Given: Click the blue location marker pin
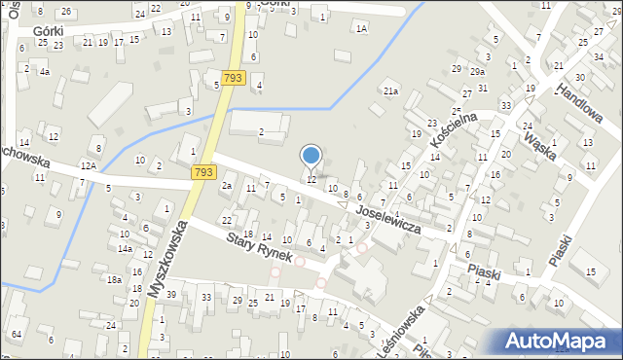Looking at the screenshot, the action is pos(311,156).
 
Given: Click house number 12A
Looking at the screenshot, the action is pos(89,166).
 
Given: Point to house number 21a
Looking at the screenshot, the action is pos(390,91).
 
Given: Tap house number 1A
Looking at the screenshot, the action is pos(361,29).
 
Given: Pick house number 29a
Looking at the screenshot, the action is pos(477,72).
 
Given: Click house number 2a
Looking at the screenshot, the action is pos(226,185).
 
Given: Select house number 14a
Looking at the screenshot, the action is pos(126,248).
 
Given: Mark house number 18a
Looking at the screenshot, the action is pos(114,279).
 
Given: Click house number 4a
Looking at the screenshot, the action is pos(44,72).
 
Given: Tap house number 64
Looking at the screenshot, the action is pos(17,335).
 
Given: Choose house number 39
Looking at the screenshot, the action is pos(171,295).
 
